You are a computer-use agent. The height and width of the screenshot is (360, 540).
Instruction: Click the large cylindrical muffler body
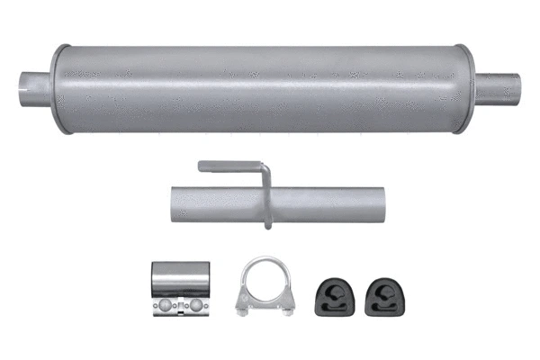(261, 87)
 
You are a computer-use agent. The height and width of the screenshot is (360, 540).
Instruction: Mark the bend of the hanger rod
(263, 167)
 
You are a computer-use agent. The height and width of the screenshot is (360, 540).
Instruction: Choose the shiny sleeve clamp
(179, 287)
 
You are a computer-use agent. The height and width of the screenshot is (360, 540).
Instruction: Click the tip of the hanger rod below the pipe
(268, 225)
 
